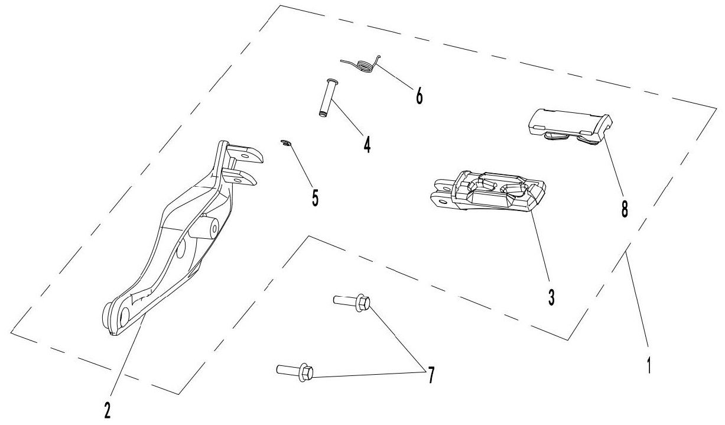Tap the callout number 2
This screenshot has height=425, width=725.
[x=108, y=408]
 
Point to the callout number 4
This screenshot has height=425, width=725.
[x=367, y=144]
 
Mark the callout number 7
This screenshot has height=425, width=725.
[x=431, y=375]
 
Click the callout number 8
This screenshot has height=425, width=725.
[x=625, y=208]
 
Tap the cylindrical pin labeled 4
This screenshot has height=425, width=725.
[x=327, y=98]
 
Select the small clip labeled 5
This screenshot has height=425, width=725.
[x=286, y=142]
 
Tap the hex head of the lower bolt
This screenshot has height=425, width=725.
[x=307, y=372]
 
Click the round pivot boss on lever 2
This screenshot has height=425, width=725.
[x=209, y=227]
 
